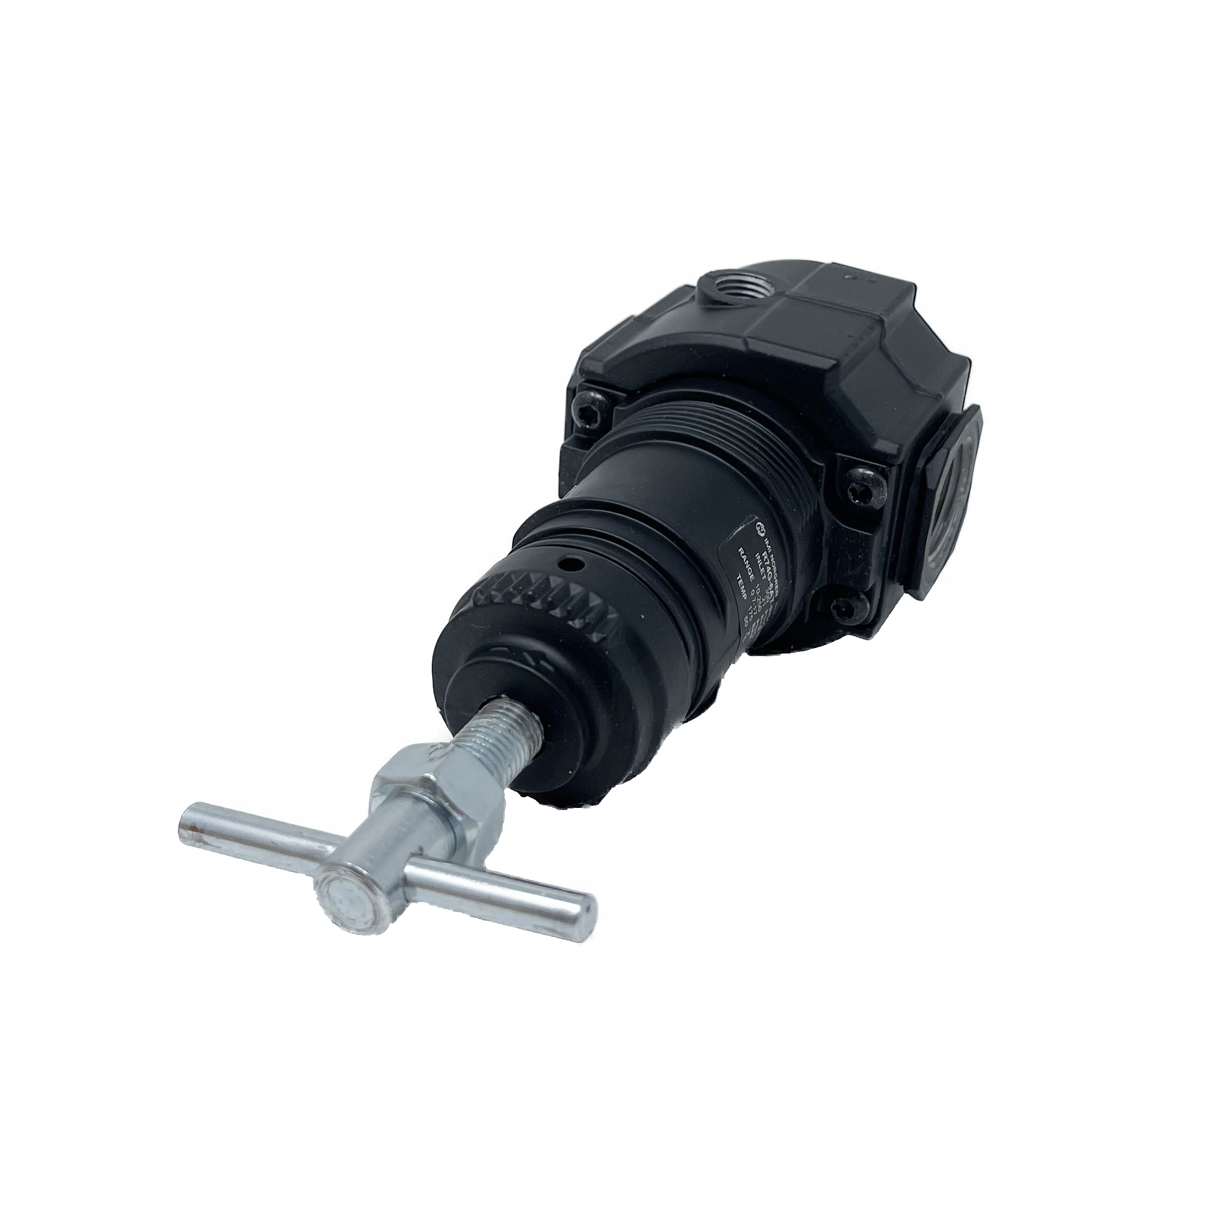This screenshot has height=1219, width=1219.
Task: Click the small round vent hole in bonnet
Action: [x=571, y=561]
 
